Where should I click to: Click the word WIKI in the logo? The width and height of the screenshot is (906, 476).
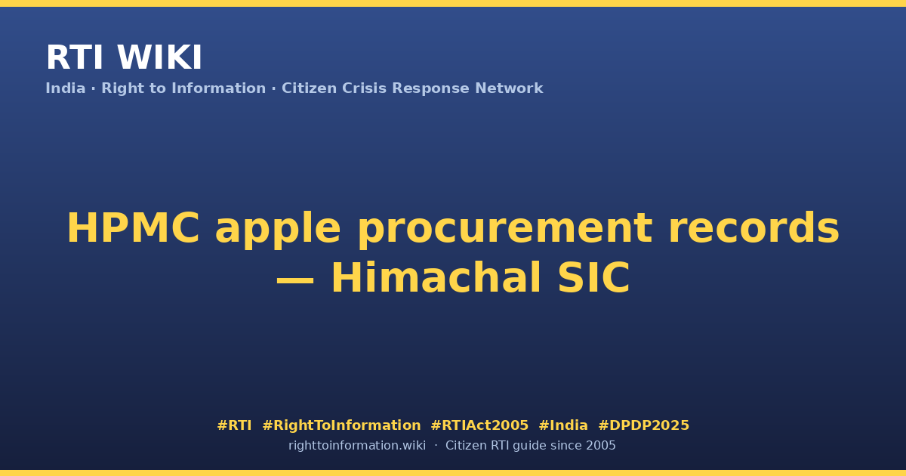(159, 58)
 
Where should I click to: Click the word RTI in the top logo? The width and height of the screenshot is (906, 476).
(75, 58)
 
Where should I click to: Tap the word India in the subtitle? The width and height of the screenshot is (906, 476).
(66, 88)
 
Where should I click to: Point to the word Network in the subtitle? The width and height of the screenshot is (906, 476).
(509, 88)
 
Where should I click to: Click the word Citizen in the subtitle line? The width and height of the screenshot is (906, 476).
(309, 88)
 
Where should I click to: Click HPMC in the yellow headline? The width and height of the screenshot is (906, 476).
(133, 228)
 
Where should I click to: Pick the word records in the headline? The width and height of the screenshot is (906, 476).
(754, 228)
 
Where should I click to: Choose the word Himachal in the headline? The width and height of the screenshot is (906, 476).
(436, 277)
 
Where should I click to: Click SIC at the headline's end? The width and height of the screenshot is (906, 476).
(593, 278)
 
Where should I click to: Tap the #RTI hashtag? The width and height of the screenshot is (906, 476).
(234, 425)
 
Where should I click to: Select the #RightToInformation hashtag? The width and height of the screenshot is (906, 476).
(341, 425)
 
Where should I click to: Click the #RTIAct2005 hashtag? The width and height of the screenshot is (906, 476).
(479, 425)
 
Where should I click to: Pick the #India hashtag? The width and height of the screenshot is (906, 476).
(563, 425)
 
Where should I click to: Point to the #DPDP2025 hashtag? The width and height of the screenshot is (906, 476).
(643, 425)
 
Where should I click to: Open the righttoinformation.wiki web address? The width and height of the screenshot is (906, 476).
(357, 446)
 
